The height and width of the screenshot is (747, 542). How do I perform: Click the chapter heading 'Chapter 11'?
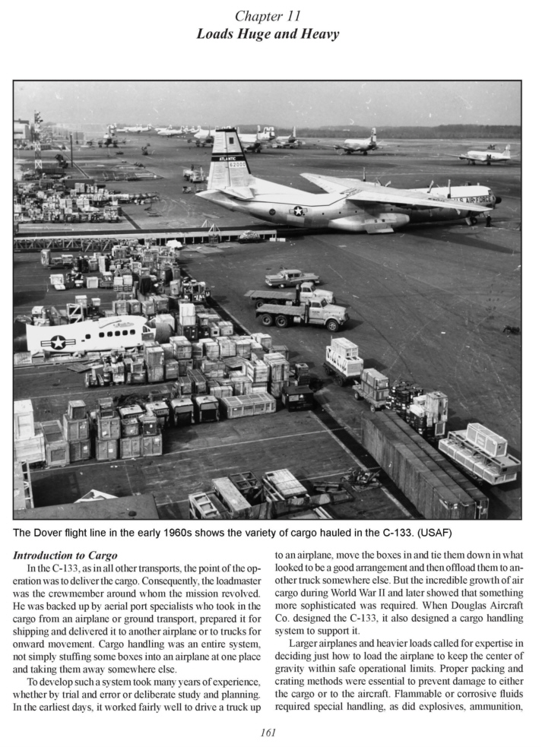(x=271, y=16)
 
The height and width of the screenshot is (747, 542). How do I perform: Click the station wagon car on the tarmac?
(x=291, y=277)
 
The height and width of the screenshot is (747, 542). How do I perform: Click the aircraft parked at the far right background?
(x=487, y=155)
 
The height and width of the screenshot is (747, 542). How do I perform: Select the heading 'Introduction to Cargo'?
(x=66, y=556)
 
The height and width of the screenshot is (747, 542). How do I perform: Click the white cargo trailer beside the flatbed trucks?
(x=344, y=356)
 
